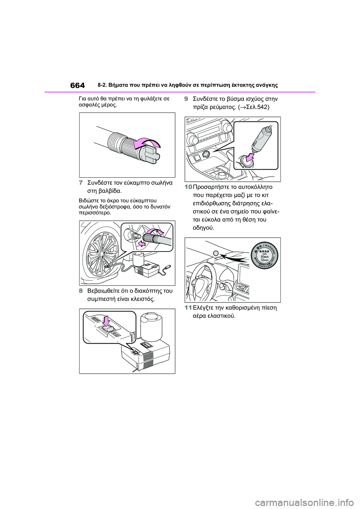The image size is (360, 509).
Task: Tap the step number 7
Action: coord(81,183)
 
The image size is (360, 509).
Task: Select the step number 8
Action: coord(81,291)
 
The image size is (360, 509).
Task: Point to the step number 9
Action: coord(186,99)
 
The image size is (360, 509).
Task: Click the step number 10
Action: coord(188,187)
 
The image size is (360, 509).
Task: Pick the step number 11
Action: coord(188,308)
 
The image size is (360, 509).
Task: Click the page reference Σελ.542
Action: coord(255,107)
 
